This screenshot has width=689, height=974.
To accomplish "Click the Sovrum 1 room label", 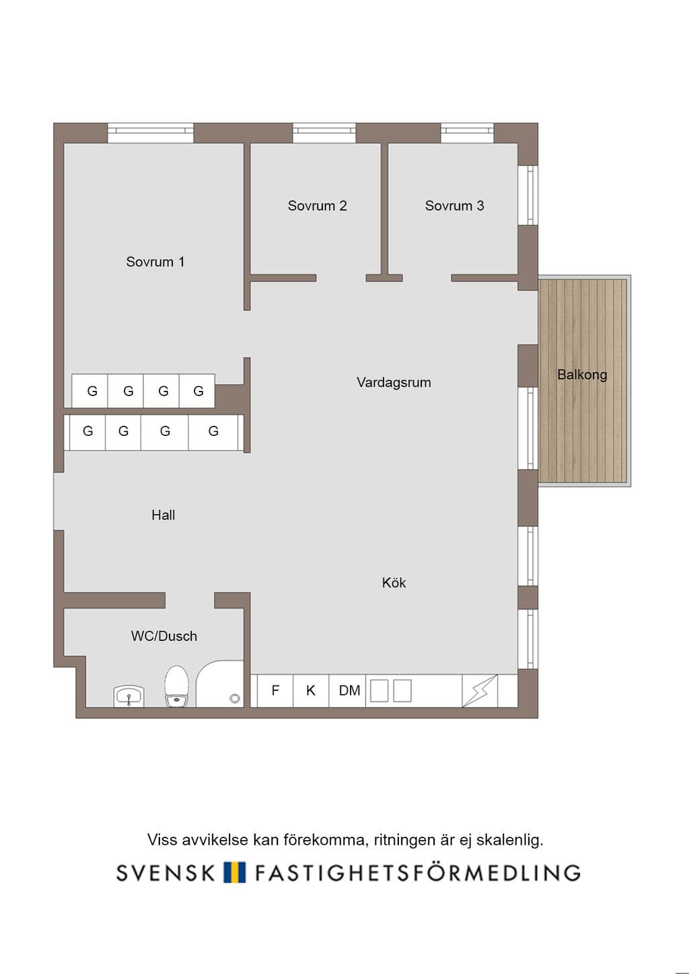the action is (x=155, y=262).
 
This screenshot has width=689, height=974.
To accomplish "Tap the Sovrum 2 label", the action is (x=318, y=206).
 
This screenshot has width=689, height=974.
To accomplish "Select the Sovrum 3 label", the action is (x=455, y=206).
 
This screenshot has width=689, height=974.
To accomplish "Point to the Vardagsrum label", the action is (x=394, y=383).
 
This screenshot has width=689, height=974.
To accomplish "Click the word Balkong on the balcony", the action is (x=583, y=375).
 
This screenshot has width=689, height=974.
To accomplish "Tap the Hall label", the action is (x=164, y=515).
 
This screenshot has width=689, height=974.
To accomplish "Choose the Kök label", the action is (x=394, y=583).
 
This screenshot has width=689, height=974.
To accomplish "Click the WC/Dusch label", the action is (x=164, y=636).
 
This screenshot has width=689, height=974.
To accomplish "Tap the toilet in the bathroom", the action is (x=176, y=686).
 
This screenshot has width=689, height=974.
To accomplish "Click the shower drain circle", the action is (x=235, y=698).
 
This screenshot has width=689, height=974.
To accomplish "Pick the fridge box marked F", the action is (x=275, y=691).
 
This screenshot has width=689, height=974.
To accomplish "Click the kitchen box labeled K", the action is (x=311, y=691).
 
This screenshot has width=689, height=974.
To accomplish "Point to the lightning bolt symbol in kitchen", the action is (x=480, y=691).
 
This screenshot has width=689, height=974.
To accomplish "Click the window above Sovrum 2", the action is (x=324, y=133).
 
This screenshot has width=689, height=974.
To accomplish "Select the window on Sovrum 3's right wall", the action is (x=528, y=195).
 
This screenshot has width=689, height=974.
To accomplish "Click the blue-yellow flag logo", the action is (x=235, y=872).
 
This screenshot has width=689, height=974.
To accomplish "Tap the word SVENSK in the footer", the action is (x=166, y=872).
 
